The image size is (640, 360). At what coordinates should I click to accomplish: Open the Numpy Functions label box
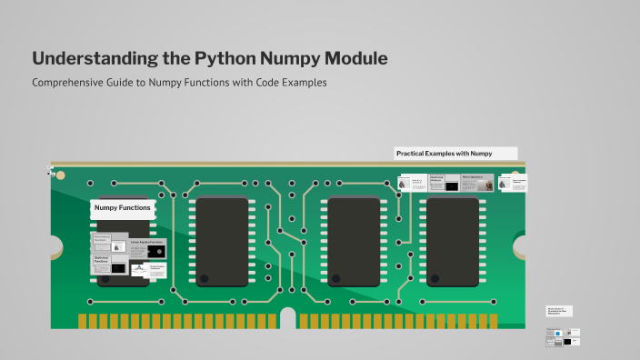click(x=123, y=208)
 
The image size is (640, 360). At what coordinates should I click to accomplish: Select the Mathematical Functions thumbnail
click(x=108, y=242)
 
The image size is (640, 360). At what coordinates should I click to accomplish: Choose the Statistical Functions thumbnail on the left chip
click(x=109, y=264)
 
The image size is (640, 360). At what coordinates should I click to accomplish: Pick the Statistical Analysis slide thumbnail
click(x=443, y=183)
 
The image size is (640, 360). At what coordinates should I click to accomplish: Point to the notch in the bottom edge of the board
click(x=288, y=319)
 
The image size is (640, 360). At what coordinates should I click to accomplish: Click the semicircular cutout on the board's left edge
click(x=55, y=245)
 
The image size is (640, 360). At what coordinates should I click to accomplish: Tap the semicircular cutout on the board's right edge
click(x=521, y=245)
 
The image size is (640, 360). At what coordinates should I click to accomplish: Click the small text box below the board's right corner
click(x=559, y=311)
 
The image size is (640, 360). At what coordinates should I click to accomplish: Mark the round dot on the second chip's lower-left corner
click(x=205, y=278)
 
